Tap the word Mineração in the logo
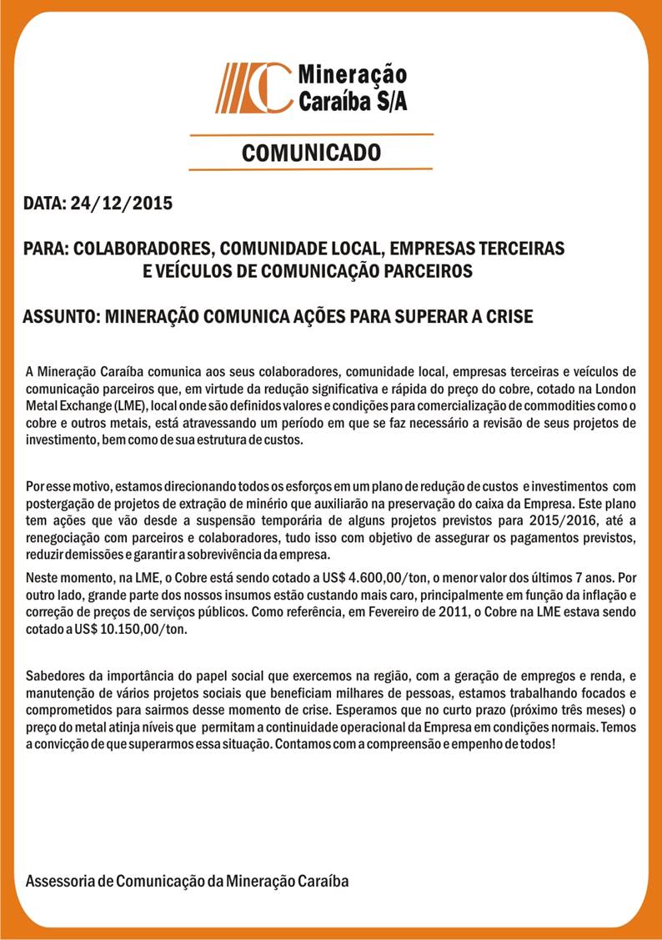pos(340,75)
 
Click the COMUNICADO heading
pos(311,152)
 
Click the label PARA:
pos(46,249)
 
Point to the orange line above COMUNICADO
pos(311,133)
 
